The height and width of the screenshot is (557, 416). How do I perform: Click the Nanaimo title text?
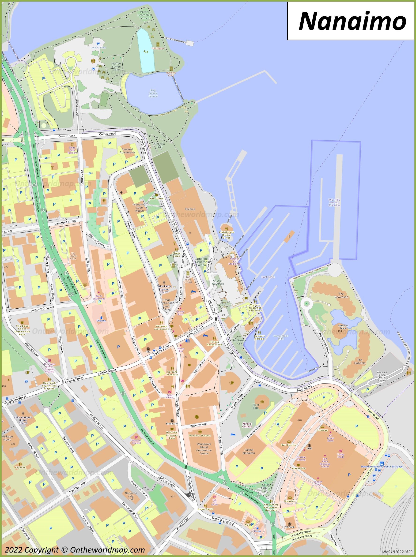[352, 21]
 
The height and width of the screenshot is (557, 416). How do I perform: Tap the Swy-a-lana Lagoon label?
[153, 93]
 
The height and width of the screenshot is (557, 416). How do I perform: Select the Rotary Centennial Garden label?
[144, 15]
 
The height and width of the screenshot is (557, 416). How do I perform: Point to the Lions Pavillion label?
[98, 47]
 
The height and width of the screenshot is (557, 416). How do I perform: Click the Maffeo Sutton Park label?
[116, 66]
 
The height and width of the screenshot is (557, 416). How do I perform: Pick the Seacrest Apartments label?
[127, 151]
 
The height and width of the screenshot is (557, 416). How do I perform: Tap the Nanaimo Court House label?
[140, 208]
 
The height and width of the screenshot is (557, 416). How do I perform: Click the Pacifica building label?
[190, 209]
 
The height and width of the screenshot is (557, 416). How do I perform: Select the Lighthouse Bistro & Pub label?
[227, 235]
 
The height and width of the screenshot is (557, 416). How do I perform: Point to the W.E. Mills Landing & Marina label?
[334, 202]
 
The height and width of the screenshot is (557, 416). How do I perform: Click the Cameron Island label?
[343, 327]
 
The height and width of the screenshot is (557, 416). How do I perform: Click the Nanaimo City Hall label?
[131, 496]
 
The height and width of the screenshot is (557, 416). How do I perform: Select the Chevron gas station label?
[101, 321]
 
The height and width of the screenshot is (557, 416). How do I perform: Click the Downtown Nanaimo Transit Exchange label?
[382, 466]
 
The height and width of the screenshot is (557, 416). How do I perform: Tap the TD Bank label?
[290, 527]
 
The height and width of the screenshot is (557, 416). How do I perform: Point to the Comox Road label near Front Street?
[108, 134]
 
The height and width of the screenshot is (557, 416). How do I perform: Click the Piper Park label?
[256, 406]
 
